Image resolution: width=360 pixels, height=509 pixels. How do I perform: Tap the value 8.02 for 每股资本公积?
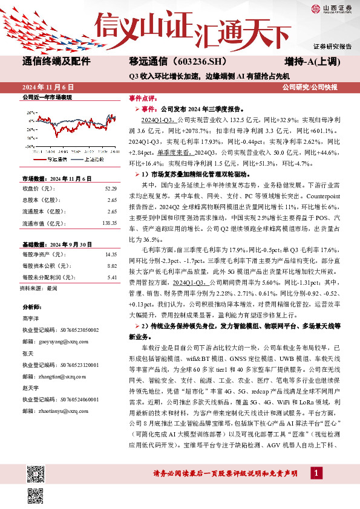[x=111, y=266]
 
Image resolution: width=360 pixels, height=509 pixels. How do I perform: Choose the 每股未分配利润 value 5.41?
[x=111, y=277]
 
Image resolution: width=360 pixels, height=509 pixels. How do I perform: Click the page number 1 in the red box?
[x=315, y=472]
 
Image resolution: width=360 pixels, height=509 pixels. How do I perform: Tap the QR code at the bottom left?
[x=36, y=495]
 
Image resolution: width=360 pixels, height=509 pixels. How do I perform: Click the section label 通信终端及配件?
[x=56, y=61]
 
